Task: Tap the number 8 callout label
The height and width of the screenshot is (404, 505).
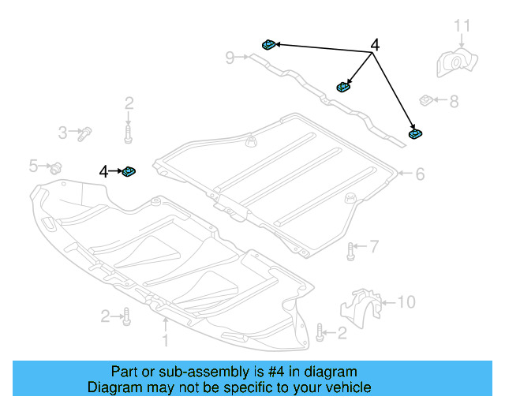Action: pyautogui.click(x=454, y=102)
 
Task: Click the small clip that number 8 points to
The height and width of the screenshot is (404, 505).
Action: pyautogui.click(x=425, y=100)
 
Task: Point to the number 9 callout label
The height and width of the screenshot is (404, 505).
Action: pyautogui.click(x=230, y=57)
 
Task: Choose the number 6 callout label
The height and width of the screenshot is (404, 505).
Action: pyautogui.click(x=420, y=174)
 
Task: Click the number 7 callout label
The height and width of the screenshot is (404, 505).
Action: pyautogui.click(x=374, y=248)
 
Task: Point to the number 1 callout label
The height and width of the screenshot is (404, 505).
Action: pyautogui.click(x=166, y=341)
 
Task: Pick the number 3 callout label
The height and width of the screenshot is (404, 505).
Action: pyautogui.click(x=62, y=133)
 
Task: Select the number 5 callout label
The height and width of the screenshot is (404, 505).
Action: pyautogui.click(x=33, y=166)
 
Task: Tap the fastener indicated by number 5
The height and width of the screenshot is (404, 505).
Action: pyautogui.click(x=56, y=167)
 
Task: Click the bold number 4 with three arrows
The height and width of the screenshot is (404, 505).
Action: pyautogui.click(x=375, y=47)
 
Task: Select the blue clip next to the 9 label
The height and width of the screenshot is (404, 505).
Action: pyautogui.click(x=267, y=46)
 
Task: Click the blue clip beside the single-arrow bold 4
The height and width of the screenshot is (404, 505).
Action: pyautogui.click(x=129, y=171)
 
